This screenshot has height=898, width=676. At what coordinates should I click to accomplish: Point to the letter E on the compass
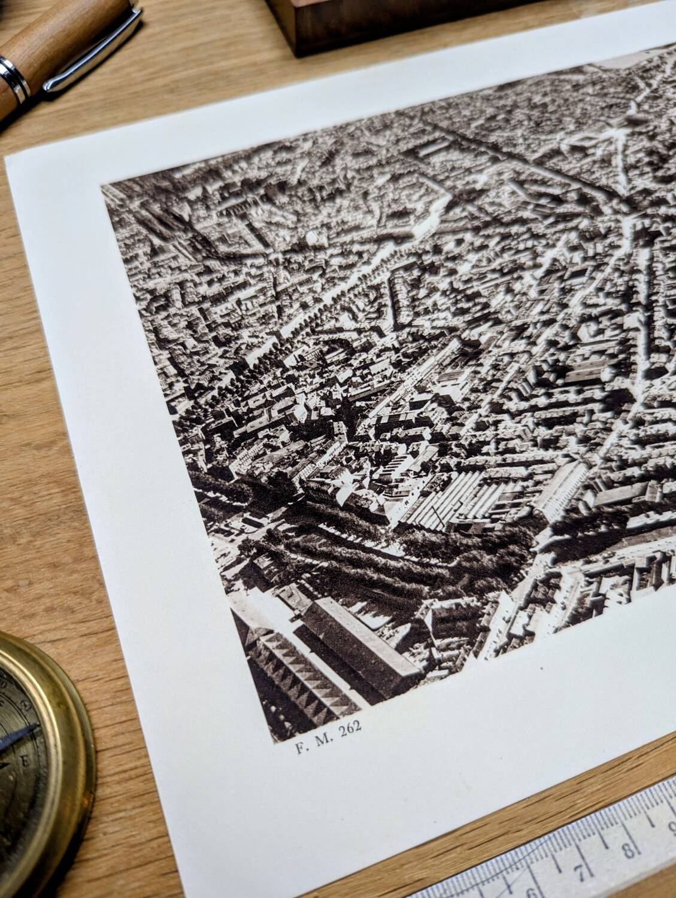(26, 762)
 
